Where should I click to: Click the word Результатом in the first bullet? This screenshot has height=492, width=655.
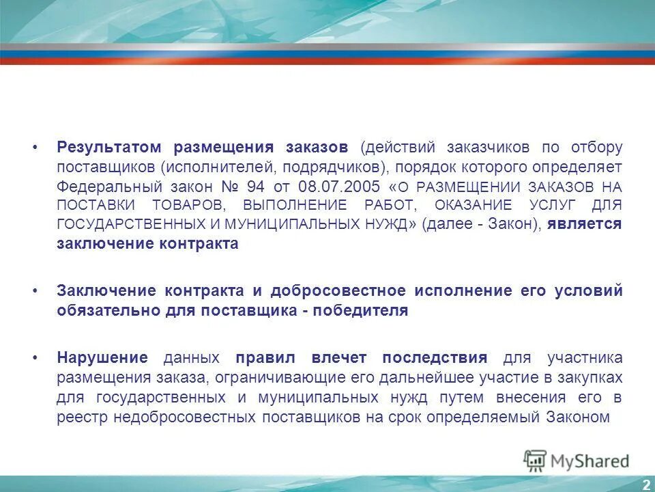click(109, 147)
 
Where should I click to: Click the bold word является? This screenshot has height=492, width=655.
click(585, 224)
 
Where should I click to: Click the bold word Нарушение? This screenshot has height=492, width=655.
click(102, 357)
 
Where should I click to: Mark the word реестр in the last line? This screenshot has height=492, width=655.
click(79, 417)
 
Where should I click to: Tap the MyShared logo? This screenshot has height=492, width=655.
click(577, 461)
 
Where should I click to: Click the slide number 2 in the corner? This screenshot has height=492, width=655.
click(645, 484)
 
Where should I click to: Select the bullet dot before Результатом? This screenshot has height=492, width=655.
click(35, 148)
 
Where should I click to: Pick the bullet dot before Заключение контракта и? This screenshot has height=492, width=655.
click(35, 291)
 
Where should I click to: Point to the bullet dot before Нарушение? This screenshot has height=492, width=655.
click(35, 358)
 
